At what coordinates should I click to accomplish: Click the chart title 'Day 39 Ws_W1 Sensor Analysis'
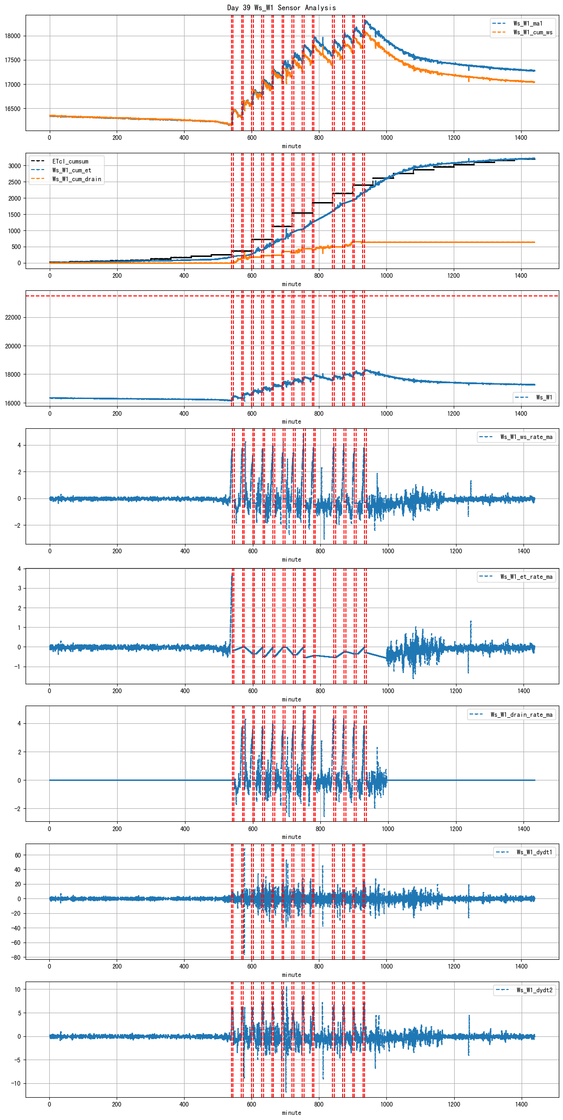coord(281,7)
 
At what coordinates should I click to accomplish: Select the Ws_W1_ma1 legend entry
coord(528,23)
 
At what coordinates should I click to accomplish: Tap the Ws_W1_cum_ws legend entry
coord(533,32)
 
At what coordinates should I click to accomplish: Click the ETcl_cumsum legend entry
coord(70,161)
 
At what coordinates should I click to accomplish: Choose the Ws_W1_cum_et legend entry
coord(72,170)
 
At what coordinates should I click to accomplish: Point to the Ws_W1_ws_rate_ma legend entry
coord(526,437)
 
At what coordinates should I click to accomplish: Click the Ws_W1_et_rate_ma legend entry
coord(526,576)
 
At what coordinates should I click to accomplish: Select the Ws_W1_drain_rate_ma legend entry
coord(522,714)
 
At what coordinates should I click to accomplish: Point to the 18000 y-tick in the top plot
coord(13,36)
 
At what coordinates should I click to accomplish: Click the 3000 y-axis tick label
coord(14,166)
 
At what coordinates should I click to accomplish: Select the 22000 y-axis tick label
coord(13,317)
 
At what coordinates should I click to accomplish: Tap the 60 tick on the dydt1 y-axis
coord(18,855)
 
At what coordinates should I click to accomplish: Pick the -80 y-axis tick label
coord(16,957)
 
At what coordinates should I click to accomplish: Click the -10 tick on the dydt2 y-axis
coord(16,1083)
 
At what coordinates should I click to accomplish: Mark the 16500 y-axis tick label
coord(13,109)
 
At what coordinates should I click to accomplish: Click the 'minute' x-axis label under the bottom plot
coord(291,1113)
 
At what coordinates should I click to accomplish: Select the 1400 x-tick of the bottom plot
coord(521,1104)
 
